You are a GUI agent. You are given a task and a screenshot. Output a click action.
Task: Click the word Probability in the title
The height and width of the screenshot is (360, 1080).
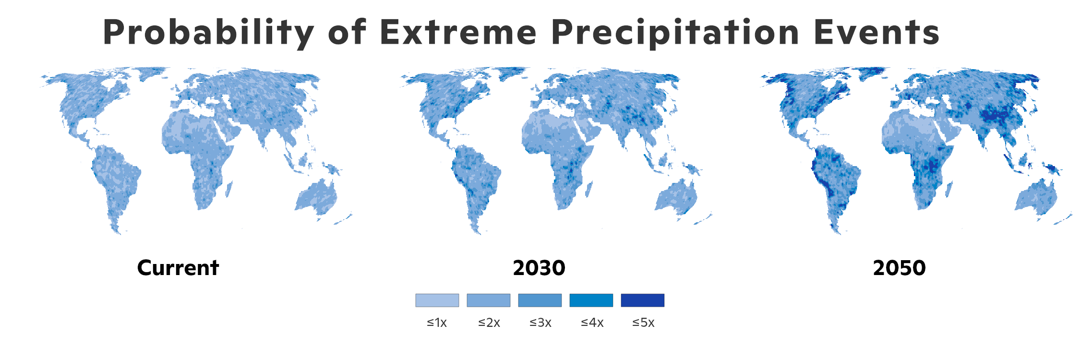[x=209, y=33]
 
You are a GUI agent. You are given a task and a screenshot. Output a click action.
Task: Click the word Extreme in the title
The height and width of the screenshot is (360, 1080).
[x=458, y=33]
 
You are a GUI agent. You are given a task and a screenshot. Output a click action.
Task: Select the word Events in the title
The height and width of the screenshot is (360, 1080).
[x=876, y=33]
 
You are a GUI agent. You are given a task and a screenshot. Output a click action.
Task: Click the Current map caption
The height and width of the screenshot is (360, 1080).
[x=178, y=268]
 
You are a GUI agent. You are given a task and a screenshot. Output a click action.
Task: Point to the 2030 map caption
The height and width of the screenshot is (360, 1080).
[x=539, y=268]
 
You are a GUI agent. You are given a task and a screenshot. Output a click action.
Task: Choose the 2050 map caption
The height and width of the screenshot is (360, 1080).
[x=899, y=268]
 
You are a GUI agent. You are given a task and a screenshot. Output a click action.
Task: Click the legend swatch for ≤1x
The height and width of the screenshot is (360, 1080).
[x=437, y=300]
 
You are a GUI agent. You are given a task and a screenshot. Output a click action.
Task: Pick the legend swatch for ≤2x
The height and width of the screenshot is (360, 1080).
[x=488, y=300]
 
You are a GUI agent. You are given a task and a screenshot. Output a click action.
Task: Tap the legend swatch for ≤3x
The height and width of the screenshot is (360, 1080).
[x=540, y=300]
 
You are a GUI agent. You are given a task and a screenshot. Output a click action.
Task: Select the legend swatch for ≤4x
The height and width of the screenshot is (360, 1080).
[x=591, y=300]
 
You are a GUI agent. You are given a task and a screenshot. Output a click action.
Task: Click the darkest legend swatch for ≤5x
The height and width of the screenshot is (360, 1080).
[x=642, y=300]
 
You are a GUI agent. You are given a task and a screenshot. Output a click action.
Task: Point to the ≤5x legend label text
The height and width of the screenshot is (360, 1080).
[x=643, y=323]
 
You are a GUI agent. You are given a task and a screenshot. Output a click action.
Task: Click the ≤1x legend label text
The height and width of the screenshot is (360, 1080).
[x=437, y=323]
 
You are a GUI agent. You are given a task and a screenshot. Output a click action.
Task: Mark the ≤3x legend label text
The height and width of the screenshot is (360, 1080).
[x=540, y=323]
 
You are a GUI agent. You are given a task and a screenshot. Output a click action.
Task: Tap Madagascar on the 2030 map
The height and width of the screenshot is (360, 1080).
[x=588, y=189]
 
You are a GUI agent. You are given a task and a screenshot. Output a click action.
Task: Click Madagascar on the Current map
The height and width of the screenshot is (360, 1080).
[x=228, y=189]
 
